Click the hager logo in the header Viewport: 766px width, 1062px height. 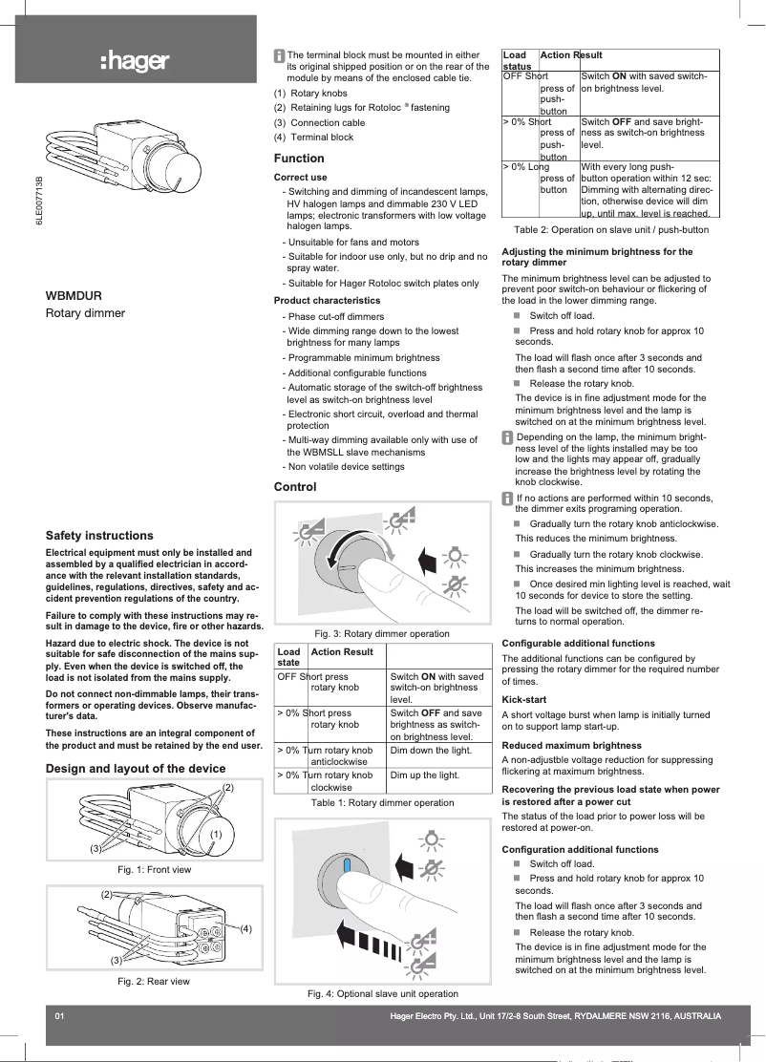pyautogui.click(x=135, y=63)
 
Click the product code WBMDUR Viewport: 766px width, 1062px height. pyautogui.click(x=74, y=296)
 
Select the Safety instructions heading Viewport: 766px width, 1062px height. pyautogui.click(x=99, y=536)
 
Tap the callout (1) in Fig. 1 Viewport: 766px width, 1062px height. pyautogui.click(x=216, y=834)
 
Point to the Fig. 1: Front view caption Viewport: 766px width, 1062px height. pyautogui.click(x=154, y=870)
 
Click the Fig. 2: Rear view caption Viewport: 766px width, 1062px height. pyautogui.click(x=153, y=982)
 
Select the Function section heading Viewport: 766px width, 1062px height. pyautogui.click(x=299, y=158)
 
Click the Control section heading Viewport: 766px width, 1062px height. pyautogui.click(x=295, y=487)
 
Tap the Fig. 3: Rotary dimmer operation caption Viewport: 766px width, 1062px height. pyautogui.click(x=382, y=633)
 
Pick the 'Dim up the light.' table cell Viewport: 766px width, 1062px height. pyautogui.click(x=424, y=775)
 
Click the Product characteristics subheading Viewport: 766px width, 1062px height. pyautogui.click(x=327, y=301)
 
